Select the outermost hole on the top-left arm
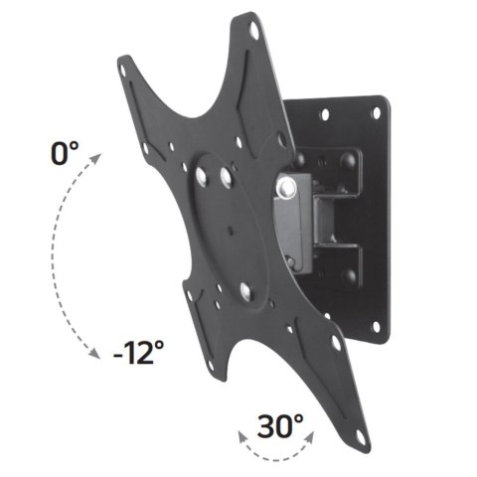(x=123, y=71)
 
